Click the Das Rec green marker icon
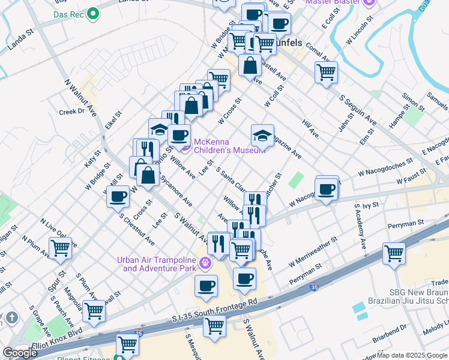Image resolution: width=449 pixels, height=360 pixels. [x=92, y=13]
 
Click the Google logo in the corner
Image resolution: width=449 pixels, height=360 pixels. [x=20, y=353]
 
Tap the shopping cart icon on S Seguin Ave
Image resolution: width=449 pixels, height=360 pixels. [x=326, y=73]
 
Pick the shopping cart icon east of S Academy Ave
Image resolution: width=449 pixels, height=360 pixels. [x=394, y=253]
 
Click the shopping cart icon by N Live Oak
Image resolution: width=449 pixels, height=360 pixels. [x=60, y=247]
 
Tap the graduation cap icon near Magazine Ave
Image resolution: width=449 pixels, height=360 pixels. [x=262, y=136]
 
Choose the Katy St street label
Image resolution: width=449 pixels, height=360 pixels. [x=91, y=160]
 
